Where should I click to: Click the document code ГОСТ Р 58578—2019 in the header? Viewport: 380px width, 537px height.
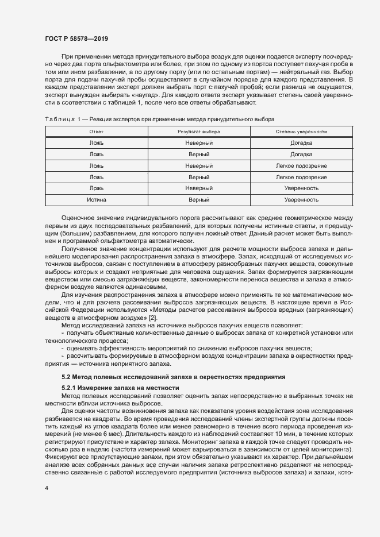(76, 38)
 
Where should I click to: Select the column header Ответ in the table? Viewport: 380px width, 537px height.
(97, 132)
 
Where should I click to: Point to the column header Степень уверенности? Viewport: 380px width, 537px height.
(301, 132)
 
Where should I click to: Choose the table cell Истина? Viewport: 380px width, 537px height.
(97, 200)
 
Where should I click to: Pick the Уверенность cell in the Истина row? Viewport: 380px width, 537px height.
(301, 200)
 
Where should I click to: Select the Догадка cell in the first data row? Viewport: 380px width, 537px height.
(301, 143)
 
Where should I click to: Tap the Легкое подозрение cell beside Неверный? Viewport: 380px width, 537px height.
(301, 165)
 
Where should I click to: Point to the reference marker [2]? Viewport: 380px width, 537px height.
(152, 318)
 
